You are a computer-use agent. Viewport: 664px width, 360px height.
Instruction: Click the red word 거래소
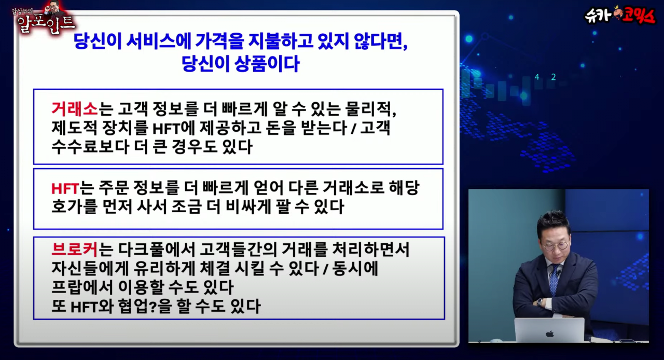coord(74,109)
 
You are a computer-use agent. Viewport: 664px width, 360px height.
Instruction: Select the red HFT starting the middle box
coord(65,188)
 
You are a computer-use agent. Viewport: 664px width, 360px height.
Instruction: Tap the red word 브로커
coord(74,250)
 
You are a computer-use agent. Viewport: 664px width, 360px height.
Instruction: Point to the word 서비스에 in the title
coord(159,41)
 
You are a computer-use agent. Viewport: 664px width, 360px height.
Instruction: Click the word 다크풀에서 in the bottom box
coord(156,250)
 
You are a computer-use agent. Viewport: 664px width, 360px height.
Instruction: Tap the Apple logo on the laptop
coord(549,334)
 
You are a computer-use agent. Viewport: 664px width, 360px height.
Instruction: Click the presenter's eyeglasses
coord(555,246)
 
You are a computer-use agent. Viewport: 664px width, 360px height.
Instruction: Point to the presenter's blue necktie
coord(554,282)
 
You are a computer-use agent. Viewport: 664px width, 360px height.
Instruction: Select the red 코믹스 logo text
coord(638,16)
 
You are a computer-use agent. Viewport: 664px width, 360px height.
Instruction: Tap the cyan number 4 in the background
coord(537,77)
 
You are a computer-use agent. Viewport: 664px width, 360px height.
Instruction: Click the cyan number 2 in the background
coord(553,77)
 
